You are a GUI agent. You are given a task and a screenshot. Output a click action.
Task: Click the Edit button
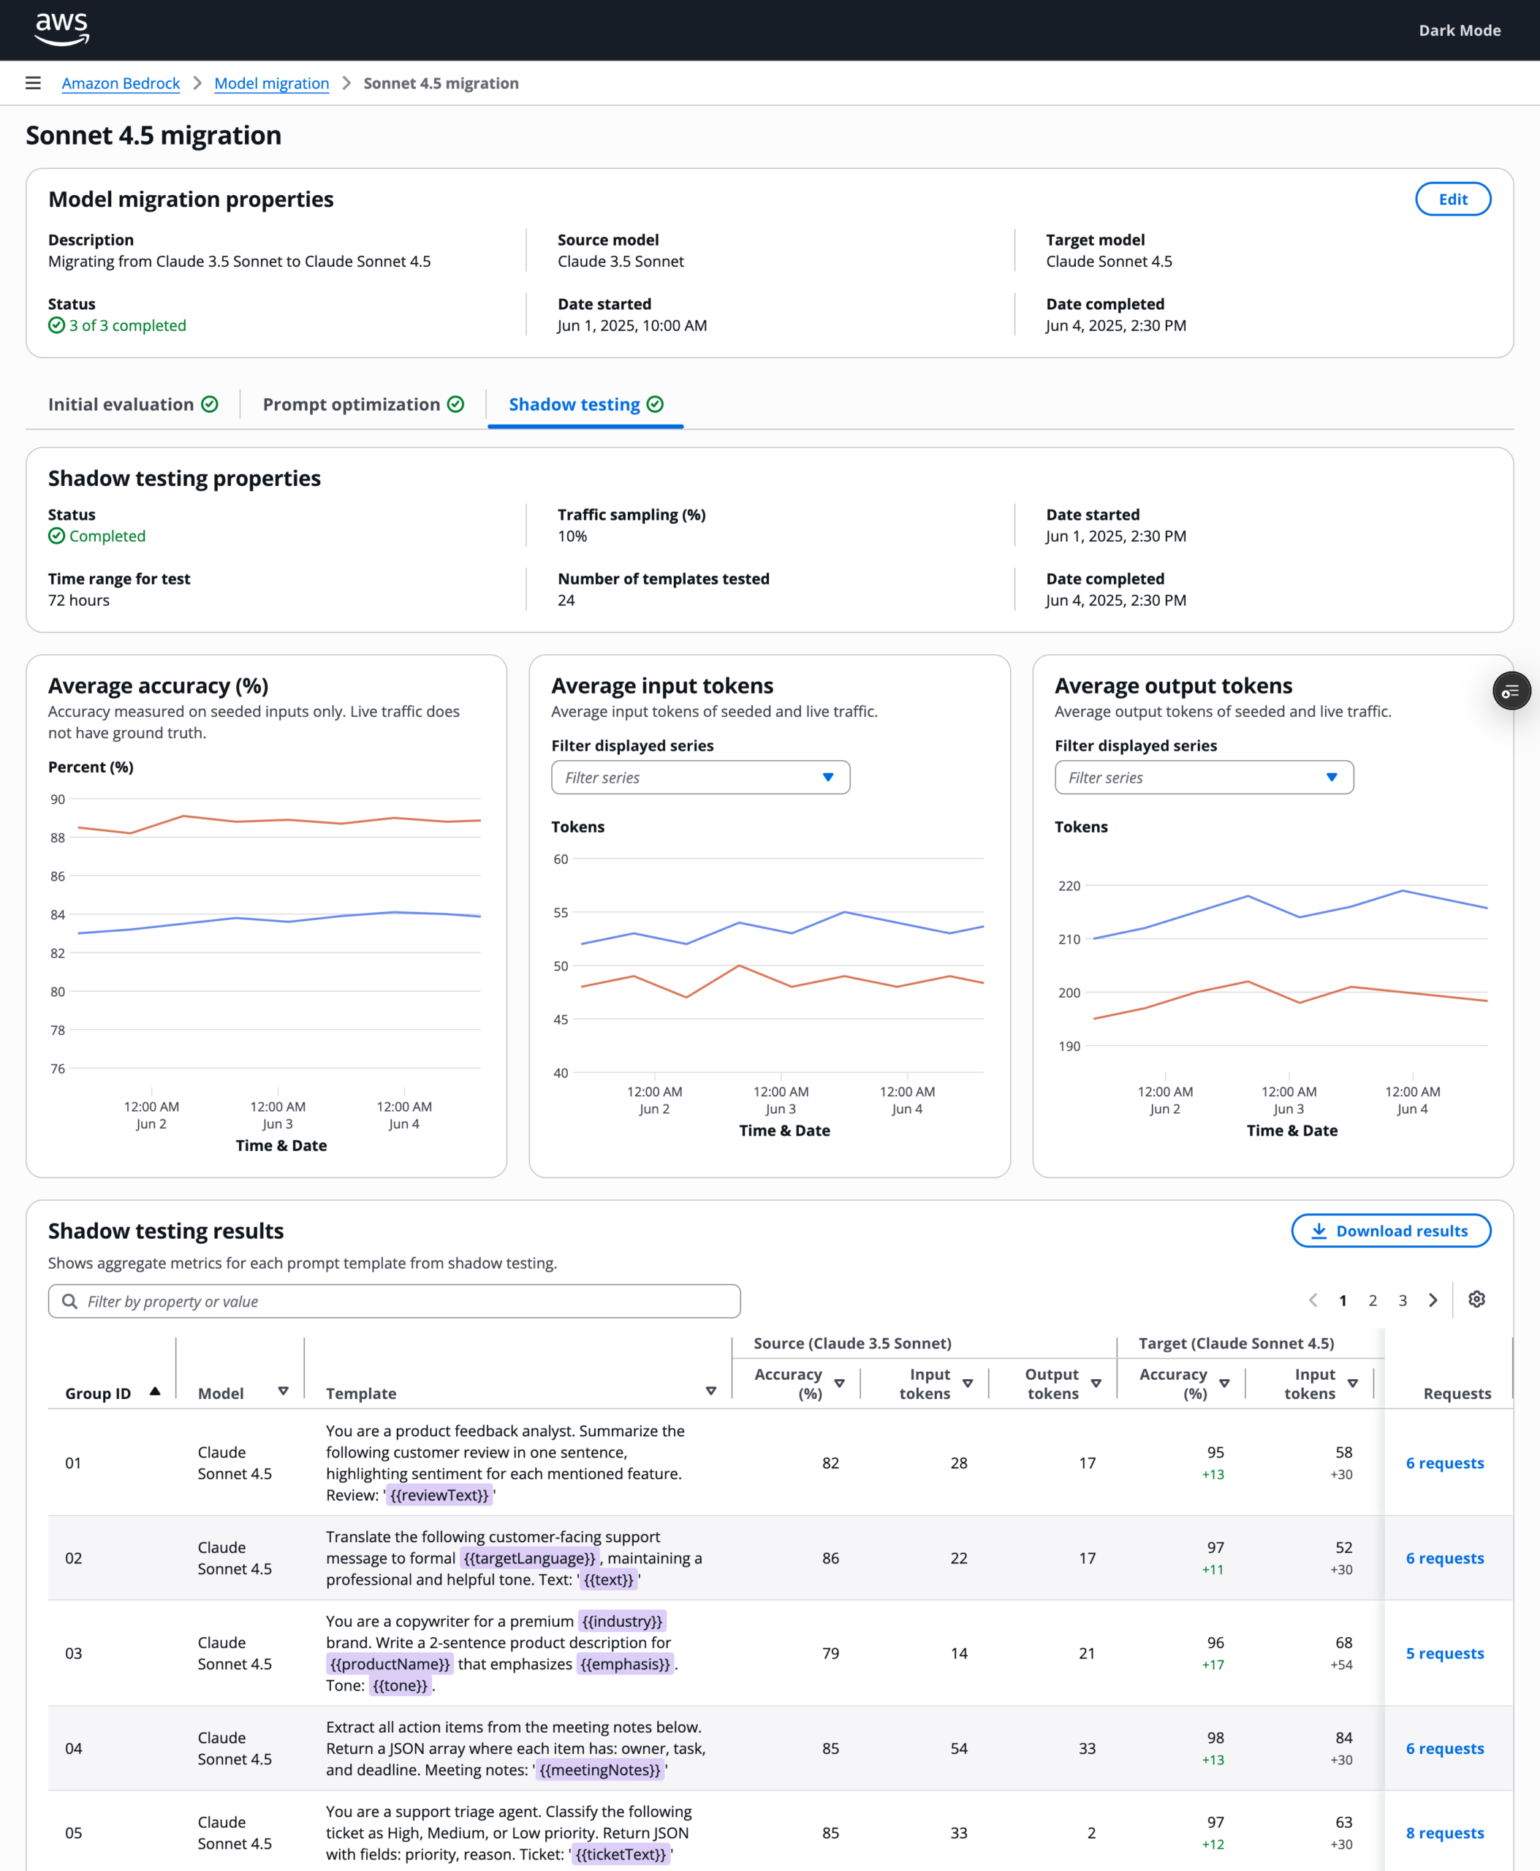1452,199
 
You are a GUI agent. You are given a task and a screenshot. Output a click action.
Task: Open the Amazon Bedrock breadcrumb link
121,83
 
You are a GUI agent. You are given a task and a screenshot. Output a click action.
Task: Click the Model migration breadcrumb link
271,83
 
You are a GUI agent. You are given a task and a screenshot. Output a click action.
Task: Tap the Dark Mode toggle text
1460,30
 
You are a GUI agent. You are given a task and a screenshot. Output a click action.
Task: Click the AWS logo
62,29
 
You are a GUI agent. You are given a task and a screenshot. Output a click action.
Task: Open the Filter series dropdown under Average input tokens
700,777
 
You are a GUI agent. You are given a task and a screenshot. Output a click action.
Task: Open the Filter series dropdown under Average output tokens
1204,777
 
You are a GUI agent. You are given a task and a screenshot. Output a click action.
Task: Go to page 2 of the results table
1373,1300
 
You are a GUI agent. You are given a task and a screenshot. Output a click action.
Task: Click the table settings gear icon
1476,1299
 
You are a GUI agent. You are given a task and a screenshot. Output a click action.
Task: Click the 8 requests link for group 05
1444,1833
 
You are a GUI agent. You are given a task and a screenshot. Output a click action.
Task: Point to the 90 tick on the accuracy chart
58,800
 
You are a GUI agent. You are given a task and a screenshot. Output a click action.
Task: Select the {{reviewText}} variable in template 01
439,1495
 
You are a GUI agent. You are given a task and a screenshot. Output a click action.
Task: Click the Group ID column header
98,1393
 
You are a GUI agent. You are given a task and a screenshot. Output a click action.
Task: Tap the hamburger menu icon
34,83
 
